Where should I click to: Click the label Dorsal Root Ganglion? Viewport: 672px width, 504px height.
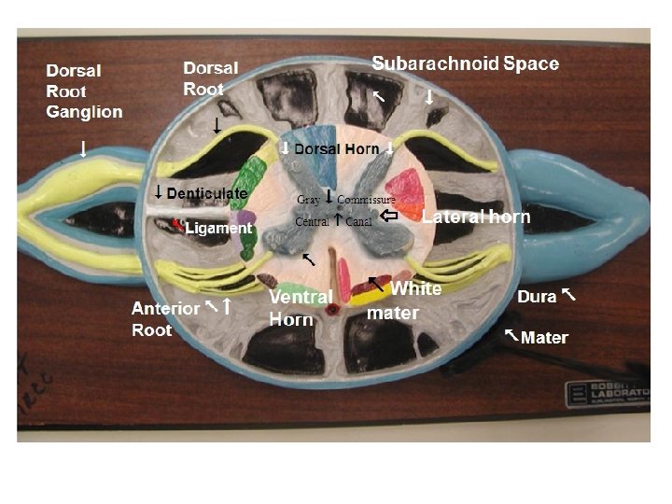[x=84, y=91]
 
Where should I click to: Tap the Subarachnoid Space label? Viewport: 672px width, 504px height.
[x=465, y=63]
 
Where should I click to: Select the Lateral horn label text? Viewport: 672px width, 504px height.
[x=475, y=217]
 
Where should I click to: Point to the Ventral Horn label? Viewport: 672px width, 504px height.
[x=301, y=307]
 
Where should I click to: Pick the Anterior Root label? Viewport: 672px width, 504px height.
[x=165, y=318]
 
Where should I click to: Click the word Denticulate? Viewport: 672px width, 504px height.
[x=207, y=193]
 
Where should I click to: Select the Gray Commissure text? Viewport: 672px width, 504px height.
[x=346, y=200]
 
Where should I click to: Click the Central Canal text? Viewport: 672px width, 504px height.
[x=333, y=222]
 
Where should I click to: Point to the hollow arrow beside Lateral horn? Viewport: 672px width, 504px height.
[x=391, y=216]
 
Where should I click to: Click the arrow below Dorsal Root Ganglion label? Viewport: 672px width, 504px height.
[x=83, y=149]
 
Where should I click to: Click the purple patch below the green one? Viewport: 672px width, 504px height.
[x=245, y=220]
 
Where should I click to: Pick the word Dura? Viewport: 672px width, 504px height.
[x=537, y=297]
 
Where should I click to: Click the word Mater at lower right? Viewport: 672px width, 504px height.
[x=544, y=337]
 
